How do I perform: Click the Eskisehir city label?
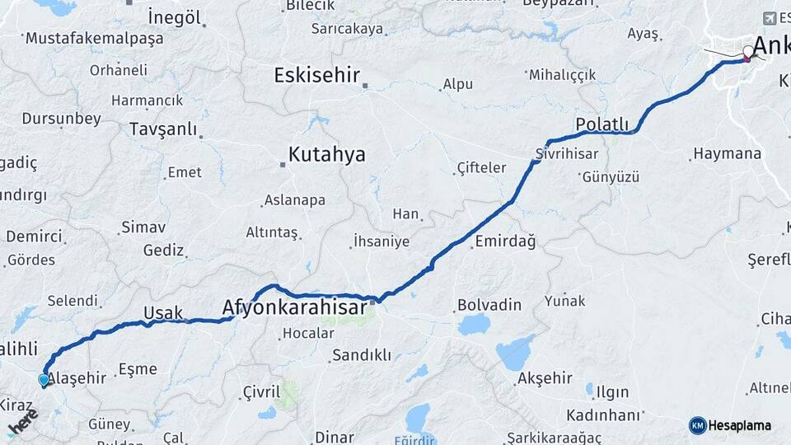[x=316, y=76]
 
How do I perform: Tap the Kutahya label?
[x=326, y=155]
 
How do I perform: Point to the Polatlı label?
[x=601, y=124]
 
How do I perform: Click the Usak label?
[x=162, y=312]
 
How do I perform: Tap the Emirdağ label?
[x=505, y=241]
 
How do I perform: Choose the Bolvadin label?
[x=489, y=305]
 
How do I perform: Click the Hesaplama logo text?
[x=739, y=425]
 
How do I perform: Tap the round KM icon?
[x=697, y=425]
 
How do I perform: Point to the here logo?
[x=22, y=420]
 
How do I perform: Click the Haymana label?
[x=727, y=153]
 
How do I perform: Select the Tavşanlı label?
[x=163, y=129]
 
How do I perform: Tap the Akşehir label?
[x=545, y=378]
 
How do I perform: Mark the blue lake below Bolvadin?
[x=474, y=325]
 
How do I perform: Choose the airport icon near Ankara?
[x=770, y=18]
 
